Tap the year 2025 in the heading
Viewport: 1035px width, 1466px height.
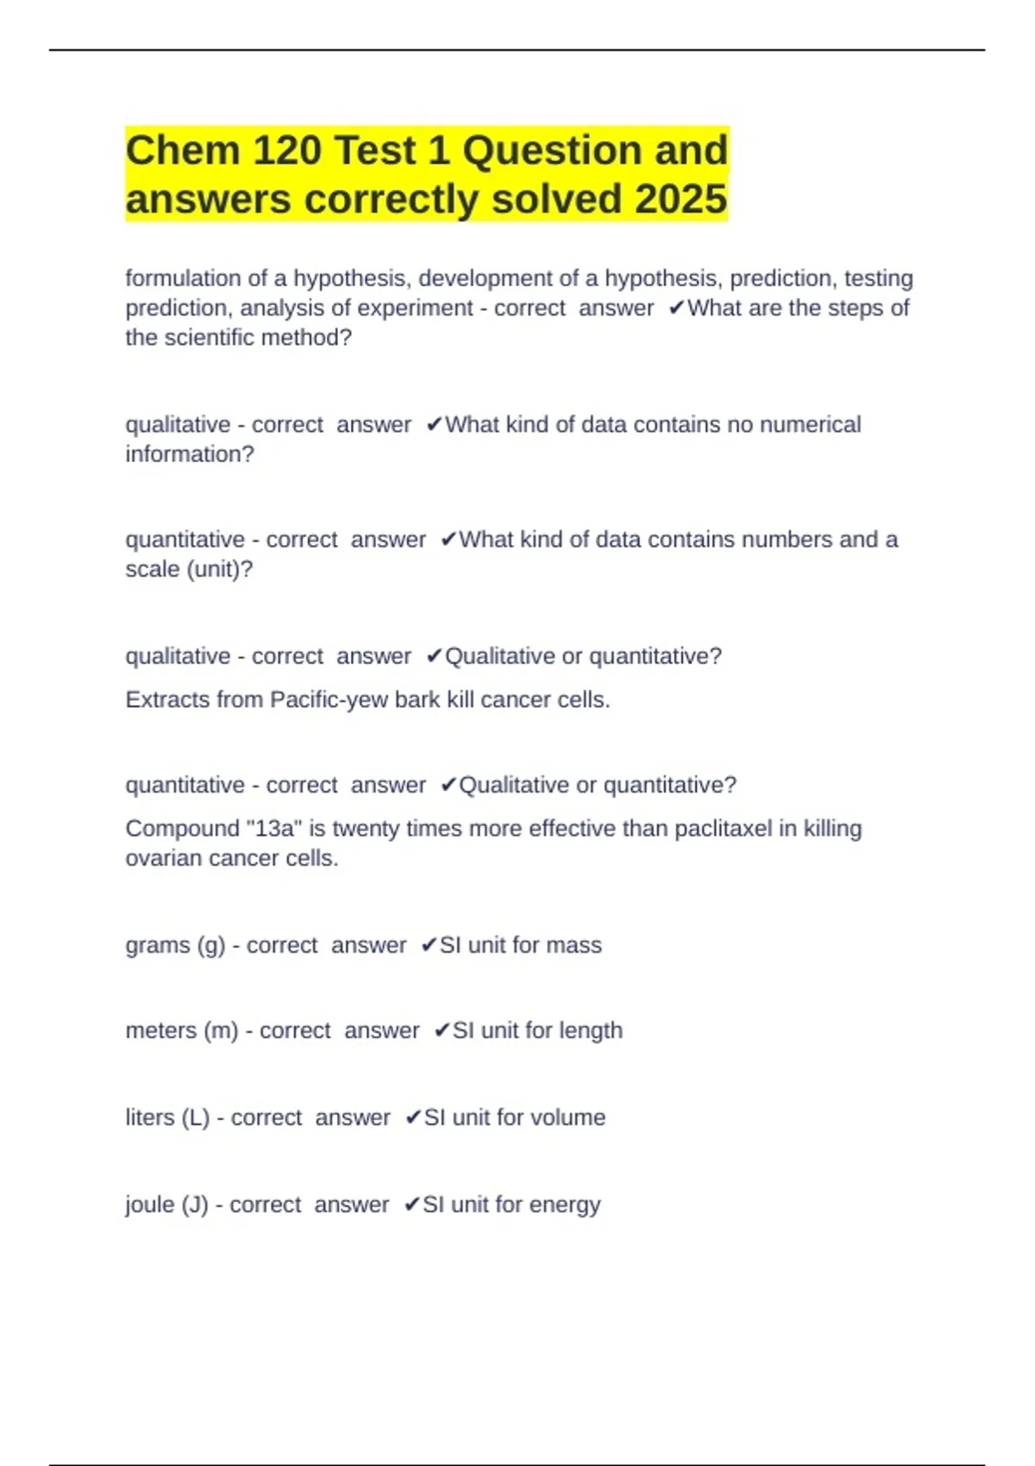point(681,199)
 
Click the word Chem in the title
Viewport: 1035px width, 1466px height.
point(182,151)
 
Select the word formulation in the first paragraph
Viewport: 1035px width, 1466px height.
point(183,279)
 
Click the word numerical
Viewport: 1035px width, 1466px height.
point(810,424)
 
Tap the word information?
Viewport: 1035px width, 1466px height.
point(190,454)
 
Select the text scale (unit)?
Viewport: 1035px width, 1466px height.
point(189,569)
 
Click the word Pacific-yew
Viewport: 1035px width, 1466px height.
point(329,699)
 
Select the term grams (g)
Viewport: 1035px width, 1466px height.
point(175,945)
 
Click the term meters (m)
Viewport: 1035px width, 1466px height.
point(181,1031)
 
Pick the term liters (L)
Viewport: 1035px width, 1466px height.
point(167,1118)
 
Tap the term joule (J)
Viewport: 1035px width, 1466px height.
point(166,1205)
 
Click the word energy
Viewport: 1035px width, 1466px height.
point(565,1205)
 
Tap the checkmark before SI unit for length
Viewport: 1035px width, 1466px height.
point(442,1031)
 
